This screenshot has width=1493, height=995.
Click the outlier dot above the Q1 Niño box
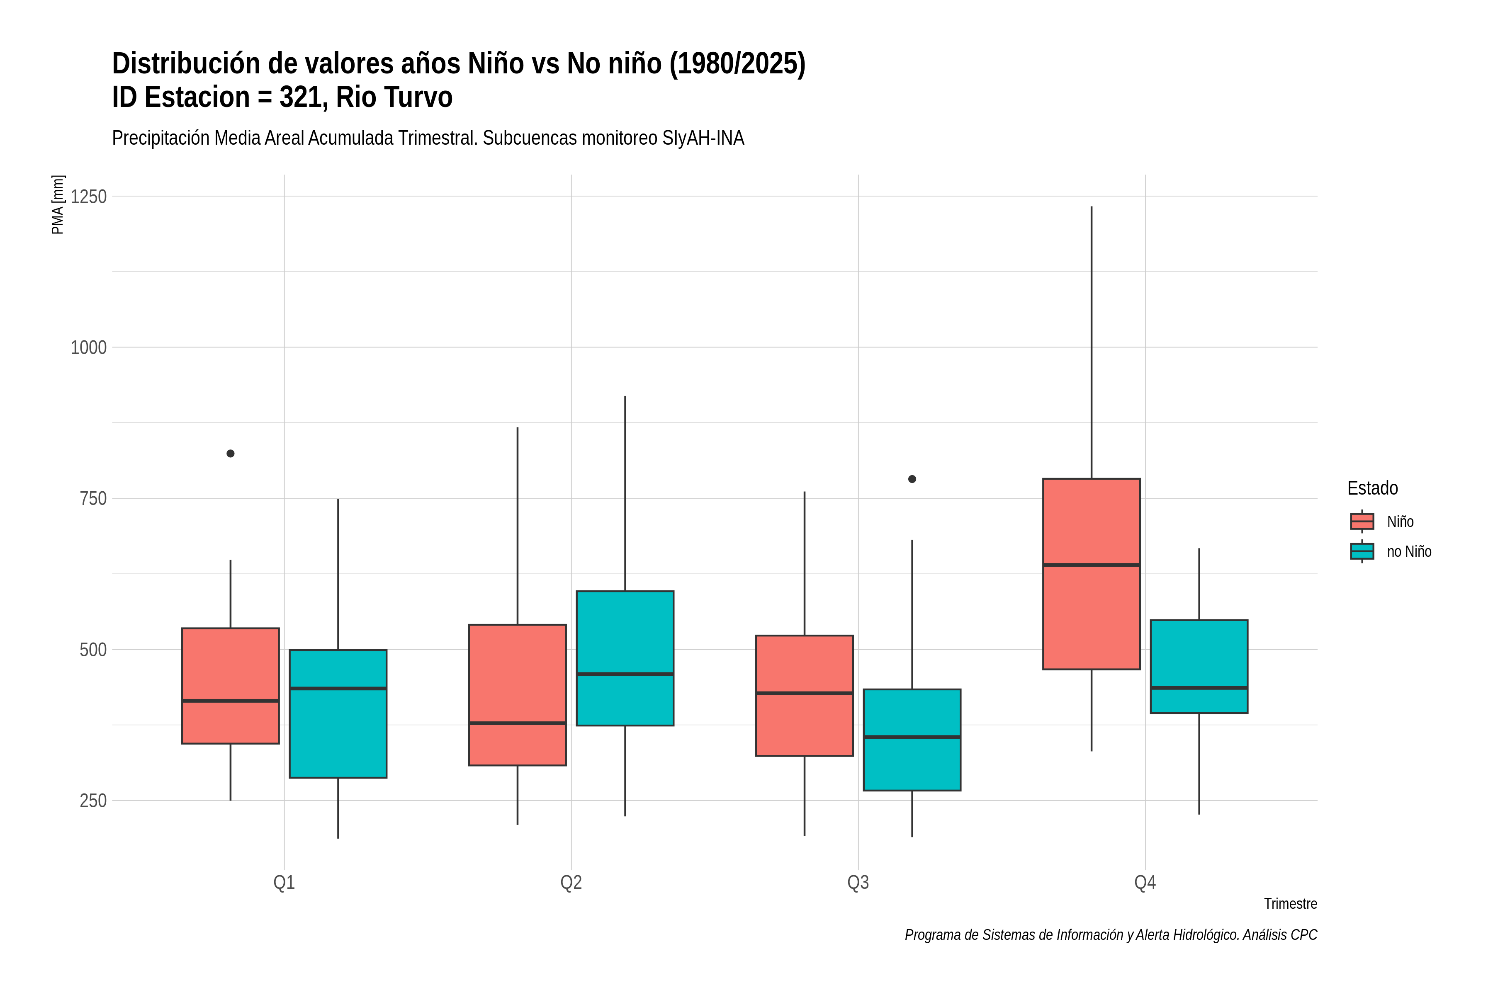tap(231, 454)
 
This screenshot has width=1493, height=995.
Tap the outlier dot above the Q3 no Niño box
tap(912, 479)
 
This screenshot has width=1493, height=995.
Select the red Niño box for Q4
tap(1091, 574)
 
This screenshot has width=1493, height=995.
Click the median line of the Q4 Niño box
tap(1091, 565)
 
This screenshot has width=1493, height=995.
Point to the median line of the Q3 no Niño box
tap(912, 737)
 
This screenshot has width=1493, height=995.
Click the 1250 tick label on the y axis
tap(88, 197)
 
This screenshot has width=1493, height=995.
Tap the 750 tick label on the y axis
tap(93, 499)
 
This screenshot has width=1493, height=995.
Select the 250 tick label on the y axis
tap(93, 801)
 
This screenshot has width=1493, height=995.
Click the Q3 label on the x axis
tap(858, 883)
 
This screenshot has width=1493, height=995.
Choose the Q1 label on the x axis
tap(284, 883)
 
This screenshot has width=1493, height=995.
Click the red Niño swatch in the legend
tap(1362, 522)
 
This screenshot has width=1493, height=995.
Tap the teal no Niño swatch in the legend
tap(1362, 551)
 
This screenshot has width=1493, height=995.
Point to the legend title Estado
tap(1372, 488)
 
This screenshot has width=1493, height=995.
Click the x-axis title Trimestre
tap(1291, 904)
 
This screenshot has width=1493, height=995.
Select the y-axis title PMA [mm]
tap(58, 205)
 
